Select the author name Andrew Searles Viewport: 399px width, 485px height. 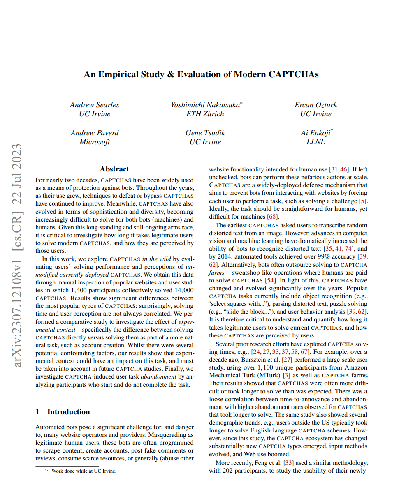point(95,105)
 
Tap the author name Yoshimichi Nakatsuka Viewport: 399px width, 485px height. point(205,105)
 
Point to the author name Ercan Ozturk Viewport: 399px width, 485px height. point(315,105)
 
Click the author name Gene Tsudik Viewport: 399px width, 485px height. point(205,133)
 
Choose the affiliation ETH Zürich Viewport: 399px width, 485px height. point(205,114)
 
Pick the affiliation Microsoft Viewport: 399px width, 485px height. point(95,142)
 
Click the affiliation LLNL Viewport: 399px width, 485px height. point(315,142)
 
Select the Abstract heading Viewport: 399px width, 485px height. point(114,169)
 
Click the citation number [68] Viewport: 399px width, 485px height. point(273,217)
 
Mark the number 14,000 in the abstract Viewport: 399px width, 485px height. point(183,290)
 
